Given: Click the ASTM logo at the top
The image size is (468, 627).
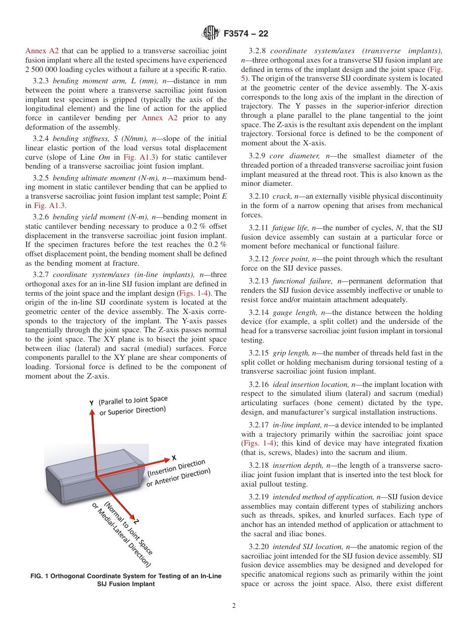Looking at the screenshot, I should [x=211, y=34].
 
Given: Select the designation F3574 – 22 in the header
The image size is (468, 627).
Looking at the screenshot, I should [x=246, y=34].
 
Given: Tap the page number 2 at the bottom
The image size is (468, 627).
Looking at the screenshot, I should [x=234, y=606].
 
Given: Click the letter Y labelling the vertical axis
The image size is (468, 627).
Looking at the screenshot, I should [x=91, y=403].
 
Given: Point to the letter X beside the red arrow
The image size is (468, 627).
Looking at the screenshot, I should [x=174, y=458].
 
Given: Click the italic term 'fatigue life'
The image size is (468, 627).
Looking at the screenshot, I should [x=291, y=228].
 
